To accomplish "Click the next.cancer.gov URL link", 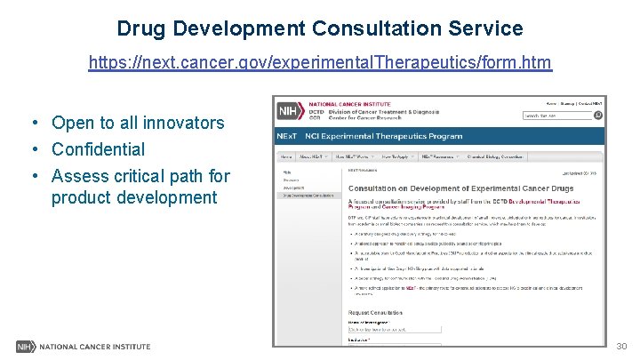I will [320, 63].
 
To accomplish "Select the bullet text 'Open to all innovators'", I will [138, 123].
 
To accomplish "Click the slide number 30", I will [621, 346].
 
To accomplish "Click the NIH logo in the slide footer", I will [26, 346].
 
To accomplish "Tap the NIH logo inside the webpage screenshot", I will [288, 111].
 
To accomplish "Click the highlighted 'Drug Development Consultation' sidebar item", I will [309, 196].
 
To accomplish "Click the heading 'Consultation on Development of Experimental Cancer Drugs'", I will [460, 188].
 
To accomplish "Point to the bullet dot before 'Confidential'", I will [32, 149].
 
